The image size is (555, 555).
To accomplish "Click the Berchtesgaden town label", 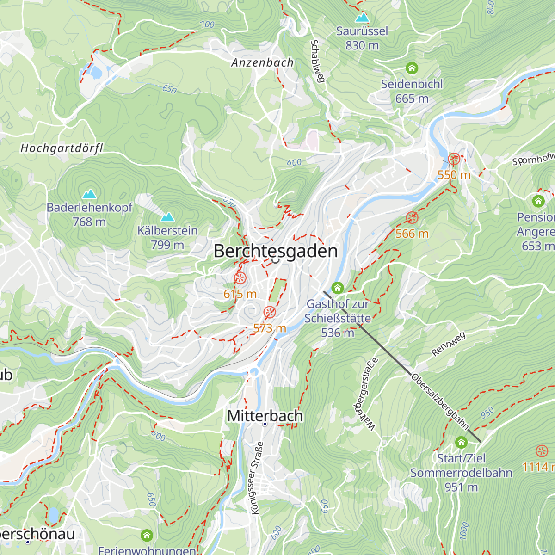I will click(276, 251).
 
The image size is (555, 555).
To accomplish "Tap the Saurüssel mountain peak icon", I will click(362, 18).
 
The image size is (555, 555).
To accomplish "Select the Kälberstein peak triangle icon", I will click(167, 217).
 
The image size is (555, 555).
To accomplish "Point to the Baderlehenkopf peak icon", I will click(89, 193).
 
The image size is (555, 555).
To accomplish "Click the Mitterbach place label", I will click(265, 415).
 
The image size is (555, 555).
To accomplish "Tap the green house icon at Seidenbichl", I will click(412, 68).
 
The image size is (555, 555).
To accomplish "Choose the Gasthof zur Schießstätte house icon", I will click(338, 288).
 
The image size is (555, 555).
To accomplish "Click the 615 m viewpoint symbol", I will click(240, 278).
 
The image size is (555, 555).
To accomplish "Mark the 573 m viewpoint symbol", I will click(270, 313).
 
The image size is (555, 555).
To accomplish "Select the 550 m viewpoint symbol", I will click(454, 159).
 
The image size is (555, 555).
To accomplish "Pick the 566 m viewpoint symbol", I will click(412, 218).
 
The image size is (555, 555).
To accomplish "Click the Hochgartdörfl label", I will click(62, 148).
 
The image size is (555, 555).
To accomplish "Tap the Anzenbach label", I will click(262, 62).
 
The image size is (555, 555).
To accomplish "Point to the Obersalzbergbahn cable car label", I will click(440, 401).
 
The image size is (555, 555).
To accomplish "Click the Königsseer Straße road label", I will click(257, 478).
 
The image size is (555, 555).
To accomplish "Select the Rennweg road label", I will click(448, 344).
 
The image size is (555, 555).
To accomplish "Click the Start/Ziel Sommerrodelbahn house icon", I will click(461, 443).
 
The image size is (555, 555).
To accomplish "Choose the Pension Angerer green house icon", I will click(538, 201).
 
